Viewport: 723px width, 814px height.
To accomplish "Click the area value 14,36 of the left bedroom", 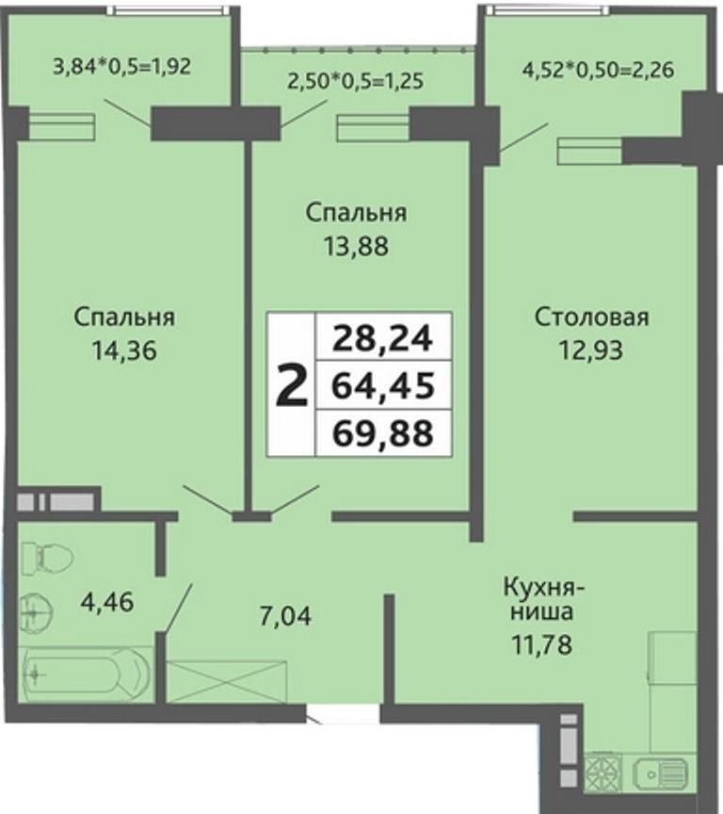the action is [x=124, y=350].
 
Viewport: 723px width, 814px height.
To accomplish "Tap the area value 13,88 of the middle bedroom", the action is [x=356, y=246].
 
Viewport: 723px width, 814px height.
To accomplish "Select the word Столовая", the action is [x=592, y=317].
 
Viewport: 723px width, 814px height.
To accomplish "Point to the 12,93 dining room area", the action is [x=591, y=350].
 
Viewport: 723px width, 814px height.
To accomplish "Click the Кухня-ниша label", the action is [x=543, y=599].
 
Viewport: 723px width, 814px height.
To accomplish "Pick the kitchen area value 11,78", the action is [x=542, y=644].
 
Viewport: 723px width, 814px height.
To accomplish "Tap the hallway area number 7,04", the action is [x=285, y=616].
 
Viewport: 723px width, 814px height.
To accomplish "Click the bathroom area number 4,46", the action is [x=107, y=602].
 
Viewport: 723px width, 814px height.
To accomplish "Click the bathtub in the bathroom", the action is [x=86, y=675].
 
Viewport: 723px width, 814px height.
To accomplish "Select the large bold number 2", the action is [x=292, y=384].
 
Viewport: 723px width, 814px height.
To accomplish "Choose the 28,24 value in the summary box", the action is [x=383, y=338].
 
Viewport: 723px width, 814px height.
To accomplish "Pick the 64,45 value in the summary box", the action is [x=383, y=386].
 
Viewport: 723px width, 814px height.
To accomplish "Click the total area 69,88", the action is [x=383, y=434].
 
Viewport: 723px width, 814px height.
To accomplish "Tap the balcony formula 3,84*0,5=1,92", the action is [x=122, y=67].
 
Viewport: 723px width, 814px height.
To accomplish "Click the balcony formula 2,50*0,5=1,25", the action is [x=355, y=81].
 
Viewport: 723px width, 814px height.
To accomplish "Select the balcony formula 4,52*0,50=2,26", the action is [x=598, y=69].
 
